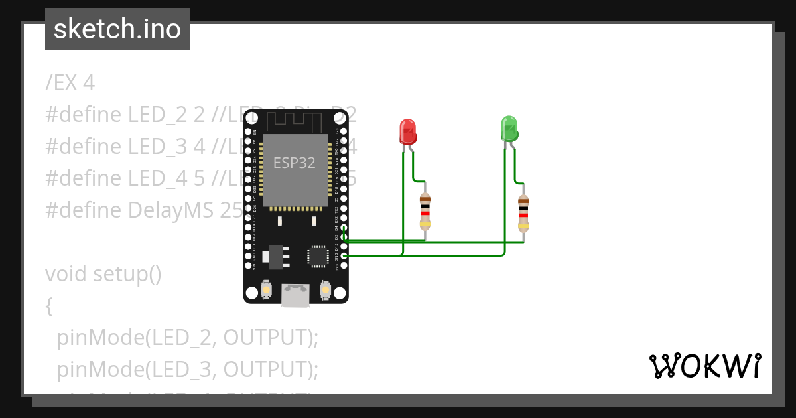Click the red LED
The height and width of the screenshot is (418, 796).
tap(407, 131)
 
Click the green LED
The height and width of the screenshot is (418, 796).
tap(509, 128)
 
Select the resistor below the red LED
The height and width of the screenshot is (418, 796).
tap(425, 211)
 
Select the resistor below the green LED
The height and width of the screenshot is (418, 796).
tap(523, 213)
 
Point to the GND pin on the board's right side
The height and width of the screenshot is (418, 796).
tap(343, 255)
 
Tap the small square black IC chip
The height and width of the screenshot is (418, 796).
tap(317, 256)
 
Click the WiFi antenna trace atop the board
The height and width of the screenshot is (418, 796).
tap(295, 119)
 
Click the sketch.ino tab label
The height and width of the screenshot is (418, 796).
tap(117, 29)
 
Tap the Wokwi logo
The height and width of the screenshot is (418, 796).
tap(704, 366)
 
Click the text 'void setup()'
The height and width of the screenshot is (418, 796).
tap(103, 273)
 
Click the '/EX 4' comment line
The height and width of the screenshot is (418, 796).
tap(70, 83)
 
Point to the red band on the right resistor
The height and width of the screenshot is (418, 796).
tap(523, 214)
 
